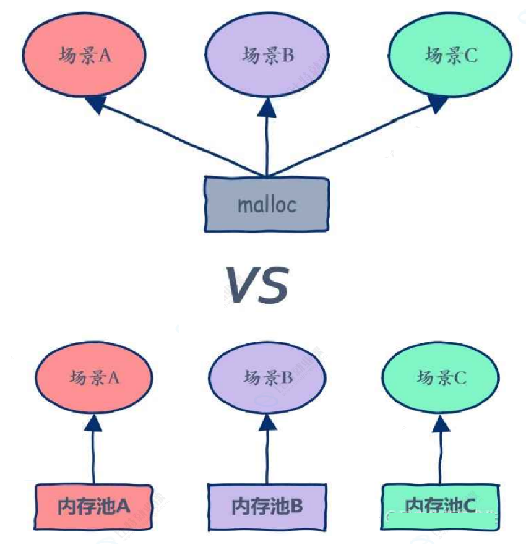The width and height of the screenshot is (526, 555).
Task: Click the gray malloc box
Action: (x=267, y=205)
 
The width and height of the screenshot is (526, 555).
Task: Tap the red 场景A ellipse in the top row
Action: (x=83, y=55)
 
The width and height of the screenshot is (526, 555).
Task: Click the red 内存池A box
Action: (x=93, y=507)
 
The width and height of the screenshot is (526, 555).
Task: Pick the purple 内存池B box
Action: (x=267, y=507)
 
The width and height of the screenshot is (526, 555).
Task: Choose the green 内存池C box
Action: (x=441, y=507)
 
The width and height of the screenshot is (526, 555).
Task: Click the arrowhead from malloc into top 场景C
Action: (x=437, y=105)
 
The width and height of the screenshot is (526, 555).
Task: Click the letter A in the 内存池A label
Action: (x=123, y=507)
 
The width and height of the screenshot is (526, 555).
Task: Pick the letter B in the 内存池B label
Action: (x=296, y=507)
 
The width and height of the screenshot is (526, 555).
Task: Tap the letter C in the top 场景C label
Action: (x=470, y=56)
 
